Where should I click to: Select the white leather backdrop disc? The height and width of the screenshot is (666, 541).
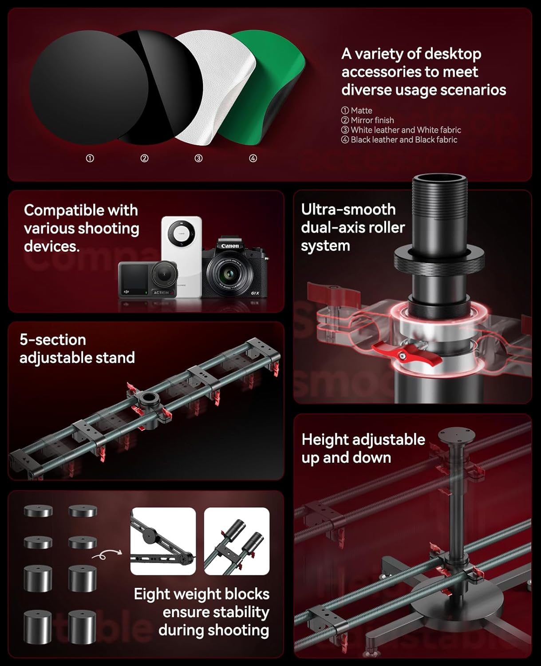click(213, 84)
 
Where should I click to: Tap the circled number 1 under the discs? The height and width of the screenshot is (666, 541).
click(90, 159)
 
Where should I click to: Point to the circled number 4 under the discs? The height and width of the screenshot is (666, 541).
click(253, 159)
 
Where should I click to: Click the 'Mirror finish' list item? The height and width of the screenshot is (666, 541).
click(372, 120)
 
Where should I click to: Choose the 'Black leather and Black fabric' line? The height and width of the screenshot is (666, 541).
click(403, 140)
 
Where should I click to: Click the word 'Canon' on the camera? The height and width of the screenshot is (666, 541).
click(230, 246)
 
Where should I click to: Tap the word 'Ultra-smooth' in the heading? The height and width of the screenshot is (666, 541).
click(348, 210)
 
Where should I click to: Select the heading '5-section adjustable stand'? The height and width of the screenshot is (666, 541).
click(77, 349)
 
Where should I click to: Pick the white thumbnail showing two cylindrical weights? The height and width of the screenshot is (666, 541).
click(237, 541)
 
